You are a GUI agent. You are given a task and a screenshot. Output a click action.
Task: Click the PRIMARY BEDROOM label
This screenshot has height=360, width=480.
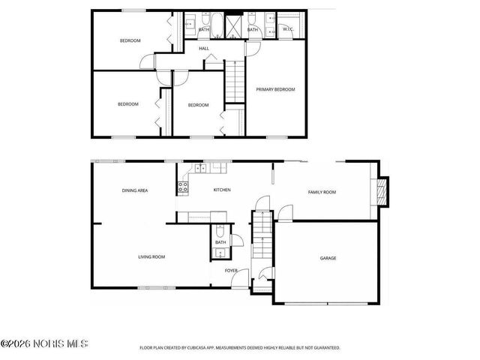[275, 89]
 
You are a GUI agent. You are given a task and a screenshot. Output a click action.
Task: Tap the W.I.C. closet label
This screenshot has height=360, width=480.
[287, 29]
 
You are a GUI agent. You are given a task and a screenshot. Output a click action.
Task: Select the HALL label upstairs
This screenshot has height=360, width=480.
[203, 49]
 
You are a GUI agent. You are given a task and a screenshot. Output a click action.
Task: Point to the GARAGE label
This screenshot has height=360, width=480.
[328, 258]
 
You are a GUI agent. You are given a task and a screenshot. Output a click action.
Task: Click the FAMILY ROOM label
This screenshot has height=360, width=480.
[322, 192]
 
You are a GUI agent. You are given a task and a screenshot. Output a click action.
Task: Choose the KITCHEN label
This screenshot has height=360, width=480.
[222, 190]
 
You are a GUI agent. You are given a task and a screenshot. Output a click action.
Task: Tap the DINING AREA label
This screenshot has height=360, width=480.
[135, 190]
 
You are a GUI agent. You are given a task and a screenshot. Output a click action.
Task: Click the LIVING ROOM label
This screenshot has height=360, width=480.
[151, 257]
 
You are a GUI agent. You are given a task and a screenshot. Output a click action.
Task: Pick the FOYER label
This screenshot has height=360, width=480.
[231, 270]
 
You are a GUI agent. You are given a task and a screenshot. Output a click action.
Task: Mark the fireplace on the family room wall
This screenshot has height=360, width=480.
[383, 192]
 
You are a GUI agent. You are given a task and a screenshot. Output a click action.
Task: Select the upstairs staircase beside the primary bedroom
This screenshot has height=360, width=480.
[236, 79]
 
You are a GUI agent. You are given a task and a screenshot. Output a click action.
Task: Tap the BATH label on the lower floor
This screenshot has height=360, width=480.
[220, 242]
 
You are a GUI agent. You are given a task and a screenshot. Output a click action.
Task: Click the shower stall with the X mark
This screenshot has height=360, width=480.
[235, 27]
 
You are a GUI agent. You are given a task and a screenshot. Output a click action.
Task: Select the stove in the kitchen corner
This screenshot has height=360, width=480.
[182, 185]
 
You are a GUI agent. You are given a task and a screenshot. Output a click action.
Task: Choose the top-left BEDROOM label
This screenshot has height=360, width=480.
[130, 40]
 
